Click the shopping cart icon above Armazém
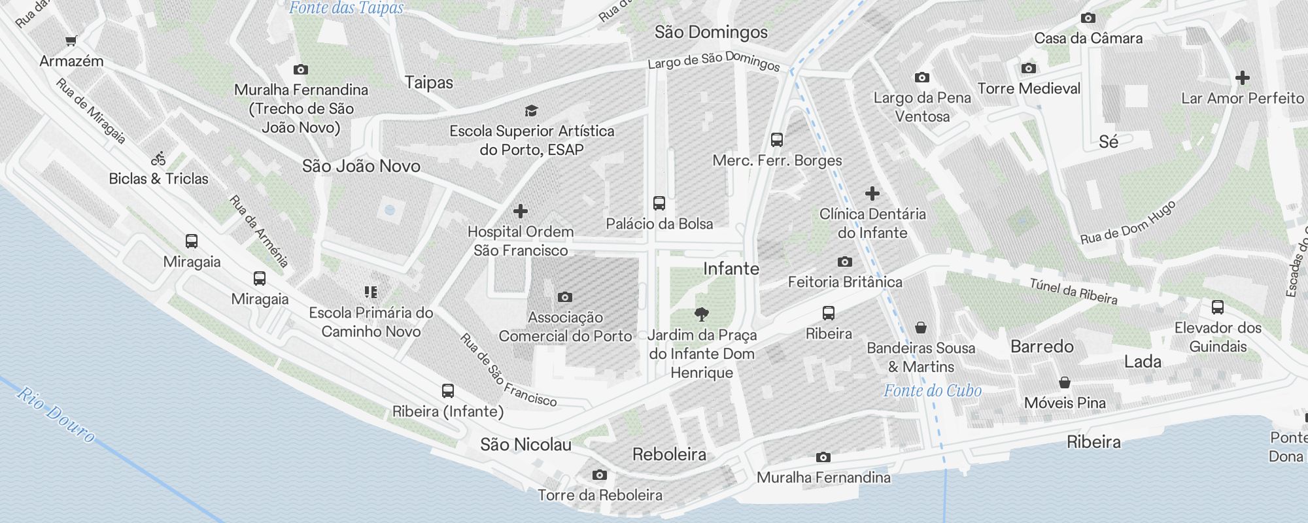tap(71, 41)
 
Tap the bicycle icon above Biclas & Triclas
tap(158, 158)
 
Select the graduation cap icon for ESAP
tap(531, 110)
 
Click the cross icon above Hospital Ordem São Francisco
tap(521, 211)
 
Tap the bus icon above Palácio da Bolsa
tap(659, 203)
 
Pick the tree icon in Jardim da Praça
tap(702, 314)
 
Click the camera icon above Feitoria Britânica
tap(844, 262)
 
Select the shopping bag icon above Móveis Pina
tap(1065, 382)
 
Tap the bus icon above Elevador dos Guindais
tap(1218, 307)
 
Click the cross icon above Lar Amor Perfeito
tap(1242, 78)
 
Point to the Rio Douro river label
tap(56, 414)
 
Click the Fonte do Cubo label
tap(933, 391)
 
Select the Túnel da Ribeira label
tap(1073, 292)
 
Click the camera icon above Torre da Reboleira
tap(599, 475)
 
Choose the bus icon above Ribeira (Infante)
tap(447, 391)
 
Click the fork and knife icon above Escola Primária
tap(371, 292)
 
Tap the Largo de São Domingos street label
tap(714, 61)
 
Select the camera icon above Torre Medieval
tap(1028, 68)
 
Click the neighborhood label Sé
tap(1108, 142)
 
